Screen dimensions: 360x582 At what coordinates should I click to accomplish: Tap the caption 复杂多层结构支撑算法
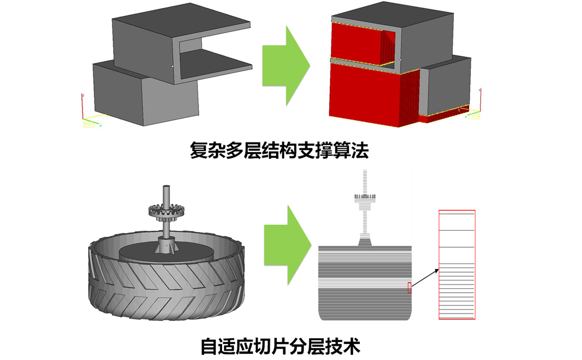pyautogui.click(x=279, y=151)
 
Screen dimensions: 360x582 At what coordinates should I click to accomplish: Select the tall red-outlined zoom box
pyautogui.click(x=457, y=265)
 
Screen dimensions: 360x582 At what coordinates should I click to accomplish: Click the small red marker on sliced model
pyautogui.click(x=409, y=287)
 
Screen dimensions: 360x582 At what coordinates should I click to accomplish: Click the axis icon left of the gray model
pyautogui.click(x=88, y=115)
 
